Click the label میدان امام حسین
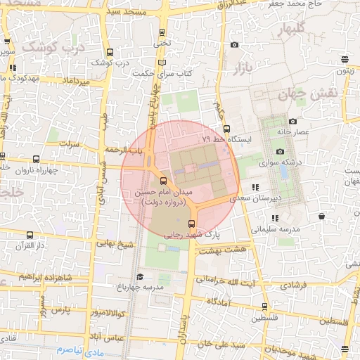click(x=163, y=193)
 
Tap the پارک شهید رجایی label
click(x=192, y=236)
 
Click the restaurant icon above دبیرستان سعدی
click(x=255, y=188)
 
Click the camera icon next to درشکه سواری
click(x=280, y=152)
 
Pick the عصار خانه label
click(x=293, y=131)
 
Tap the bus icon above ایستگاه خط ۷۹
click(x=226, y=129)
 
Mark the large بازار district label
click(x=240, y=67)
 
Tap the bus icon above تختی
click(x=162, y=32)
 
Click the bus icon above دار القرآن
click(x=29, y=235)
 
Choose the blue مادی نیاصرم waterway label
click(x=79, y=349)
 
